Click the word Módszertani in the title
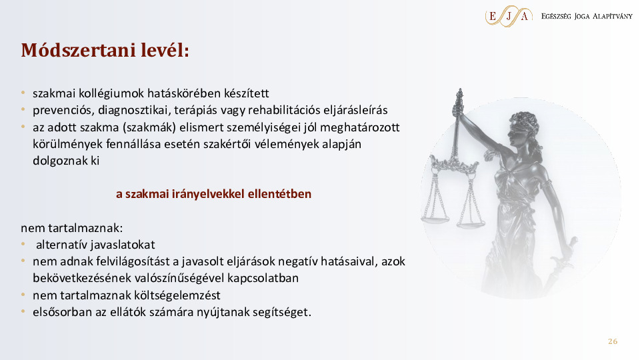point(78,50)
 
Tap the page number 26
point(613,341)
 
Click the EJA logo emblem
point(509,16)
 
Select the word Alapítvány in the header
point(612,16)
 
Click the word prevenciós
point(63,110)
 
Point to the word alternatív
point(61,245)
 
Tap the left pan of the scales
point(435,219)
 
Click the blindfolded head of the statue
point(523,127)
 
